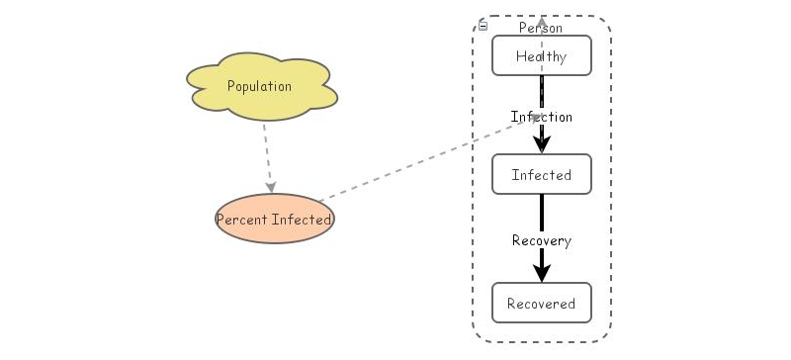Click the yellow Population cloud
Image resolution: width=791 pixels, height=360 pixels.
click(x=260, y=86)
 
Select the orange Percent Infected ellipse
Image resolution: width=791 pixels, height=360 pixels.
click(x=275, y=220)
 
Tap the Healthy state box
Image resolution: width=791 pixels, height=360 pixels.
click(x=542, y=56)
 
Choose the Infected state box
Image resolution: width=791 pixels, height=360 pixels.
click(x=542, y=175)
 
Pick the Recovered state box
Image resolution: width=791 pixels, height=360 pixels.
click(x=542, y=304)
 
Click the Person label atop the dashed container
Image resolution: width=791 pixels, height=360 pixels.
click(x=541, y=28)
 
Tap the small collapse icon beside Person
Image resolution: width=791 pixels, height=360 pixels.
click(x=483, y=26)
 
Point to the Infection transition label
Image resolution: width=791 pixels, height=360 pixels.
click(x=542, y=117)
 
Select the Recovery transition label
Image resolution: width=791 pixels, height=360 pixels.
click(x=542, y=240)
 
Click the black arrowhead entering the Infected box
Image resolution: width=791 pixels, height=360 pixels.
click(x=542, y=144)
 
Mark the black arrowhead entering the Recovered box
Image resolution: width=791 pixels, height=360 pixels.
click(x=542, y=273)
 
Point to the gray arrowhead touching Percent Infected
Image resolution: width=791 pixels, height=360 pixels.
click(x=270, y=187)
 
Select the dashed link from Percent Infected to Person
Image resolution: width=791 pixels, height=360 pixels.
click(x=415, y=162)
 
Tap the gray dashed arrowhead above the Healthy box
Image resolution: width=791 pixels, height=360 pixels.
click(x=542, y=21)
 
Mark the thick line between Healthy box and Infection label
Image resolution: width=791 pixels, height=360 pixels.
click(x=542, y=90)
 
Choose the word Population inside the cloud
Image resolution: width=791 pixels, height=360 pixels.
click(x=260, y=86)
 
